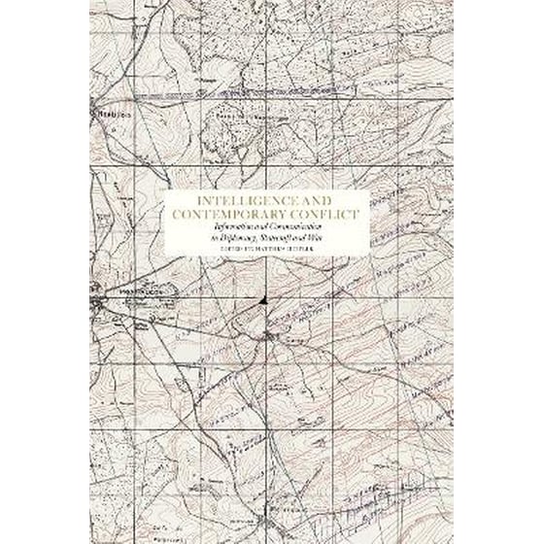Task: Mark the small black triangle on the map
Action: [x=265, y=308]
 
